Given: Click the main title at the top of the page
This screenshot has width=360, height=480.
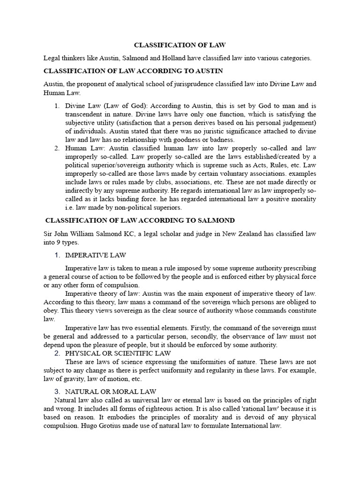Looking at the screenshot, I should point(180,45).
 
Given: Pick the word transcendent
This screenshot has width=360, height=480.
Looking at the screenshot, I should point(86,114).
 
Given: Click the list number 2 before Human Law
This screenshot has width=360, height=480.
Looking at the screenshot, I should point(56,148).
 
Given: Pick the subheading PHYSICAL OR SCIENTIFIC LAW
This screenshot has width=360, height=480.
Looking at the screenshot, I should point(118,353).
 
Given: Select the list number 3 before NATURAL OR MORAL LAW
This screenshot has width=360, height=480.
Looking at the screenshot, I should point(57,391).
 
